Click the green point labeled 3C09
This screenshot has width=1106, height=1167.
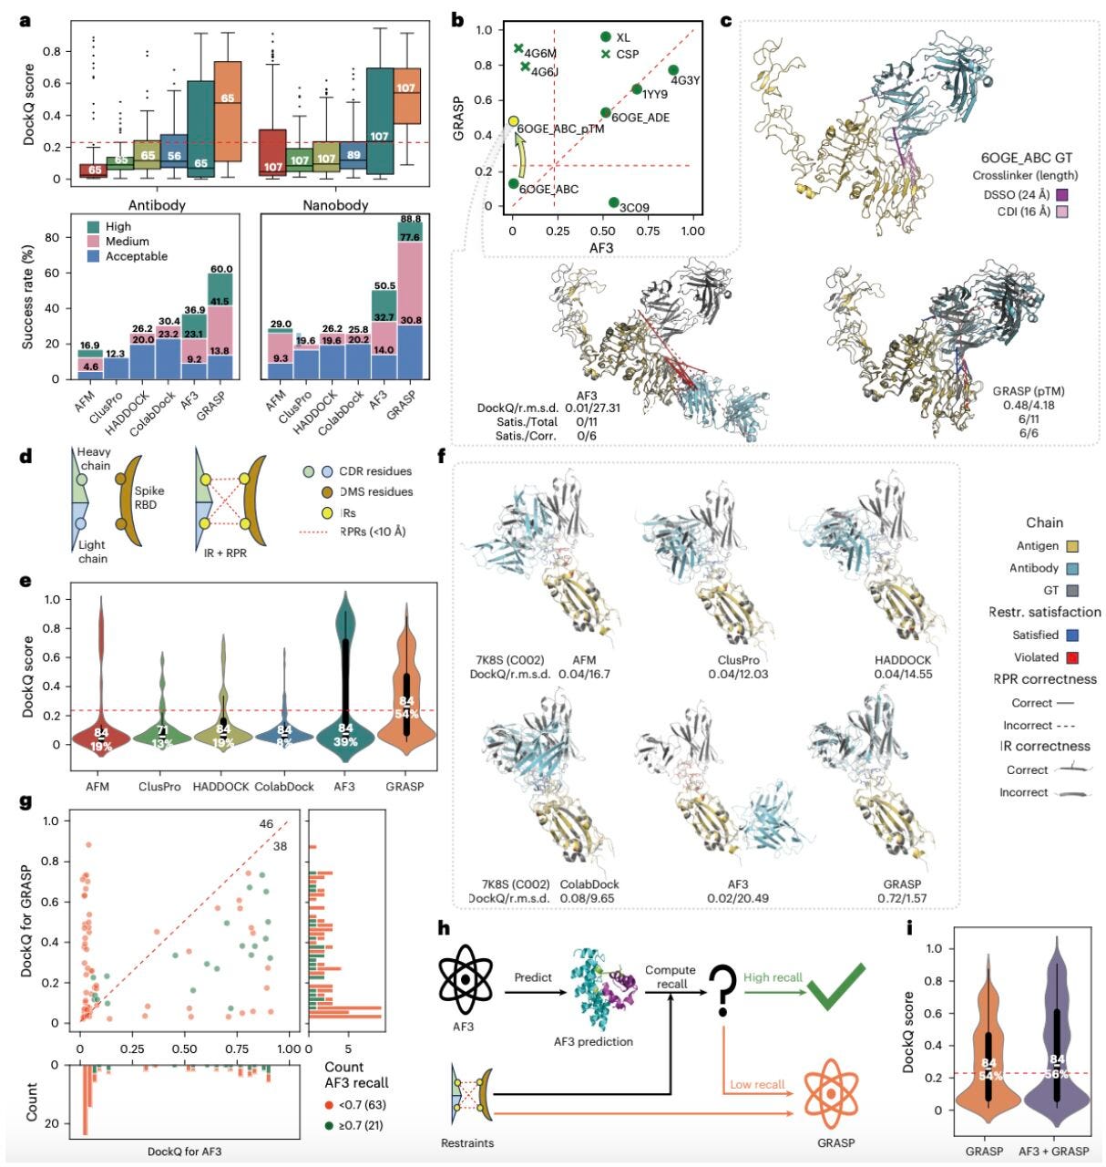click(614, 202)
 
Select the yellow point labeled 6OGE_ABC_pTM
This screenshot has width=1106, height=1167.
click(514, 121)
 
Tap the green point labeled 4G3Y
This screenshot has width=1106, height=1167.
click(673, 70)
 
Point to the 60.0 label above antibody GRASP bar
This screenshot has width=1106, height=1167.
click(221, 269)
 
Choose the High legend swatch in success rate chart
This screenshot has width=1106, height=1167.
click(93, 226)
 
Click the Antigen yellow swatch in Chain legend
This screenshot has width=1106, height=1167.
click(1072, 546)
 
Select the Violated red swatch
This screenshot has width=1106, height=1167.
click(1072, 657)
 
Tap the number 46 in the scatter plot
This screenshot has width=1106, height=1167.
click(266, 825)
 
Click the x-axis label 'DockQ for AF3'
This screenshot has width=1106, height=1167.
click(184, 1152)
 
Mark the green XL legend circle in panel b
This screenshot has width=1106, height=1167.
click(605, 36)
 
